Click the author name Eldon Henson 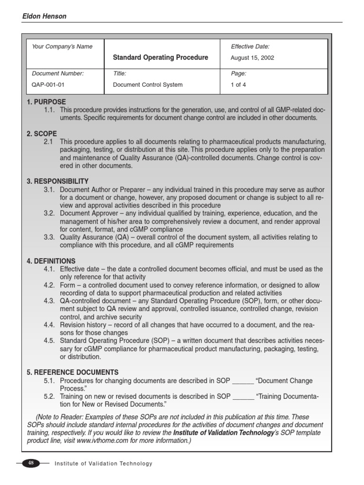tap(45, 17)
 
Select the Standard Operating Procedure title tap(160, 57)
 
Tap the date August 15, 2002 tap(252, 58)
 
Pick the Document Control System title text tap(147, 85)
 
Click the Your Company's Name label tap(62, 46)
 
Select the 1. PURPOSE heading tap(46, 102)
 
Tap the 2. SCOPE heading tap(42, 134)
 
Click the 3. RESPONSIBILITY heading tap(57, 181)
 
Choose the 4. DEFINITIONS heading tap(51, 261)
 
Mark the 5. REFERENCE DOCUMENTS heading tap(73, 372)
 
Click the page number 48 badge tap(31, 463)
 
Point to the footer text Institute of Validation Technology tap(103, 464)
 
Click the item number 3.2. tap(50, 214)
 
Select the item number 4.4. tap(50, 325)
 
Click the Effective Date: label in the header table tap(250, 46)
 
